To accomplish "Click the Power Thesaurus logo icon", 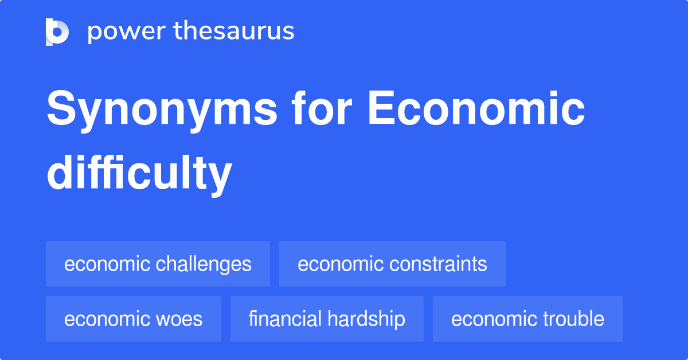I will (57, 32).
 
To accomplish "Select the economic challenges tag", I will (158, 264).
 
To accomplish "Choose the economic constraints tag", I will (392, 264).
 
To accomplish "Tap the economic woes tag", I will (133, 319).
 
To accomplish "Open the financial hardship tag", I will (327, 319).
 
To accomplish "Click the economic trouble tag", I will (527, 319).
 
